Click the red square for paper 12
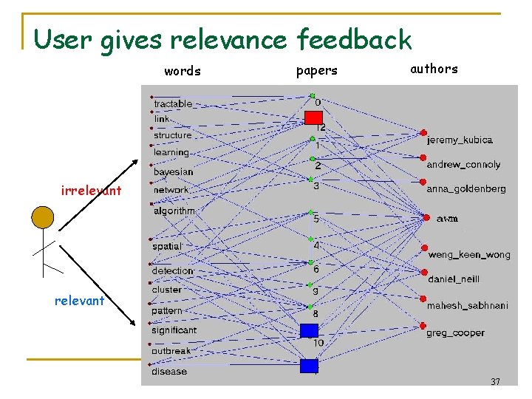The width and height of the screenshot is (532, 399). pyautogui.click(x=313, y=117)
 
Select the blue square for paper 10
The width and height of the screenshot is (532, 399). pyautogui.click(x=309, y=330)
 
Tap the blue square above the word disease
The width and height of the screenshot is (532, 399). pyautogui.click(x=309, y=366)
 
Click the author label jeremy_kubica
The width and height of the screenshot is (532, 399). pyautogui.click(x=460, y=140)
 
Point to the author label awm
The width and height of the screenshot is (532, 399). pyautogui.click(x=447, y=219)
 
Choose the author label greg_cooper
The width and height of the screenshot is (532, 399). pyautogui.click(x=455, y=332)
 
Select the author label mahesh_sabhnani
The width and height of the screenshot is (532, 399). pyautogui.click(x=468, y=305)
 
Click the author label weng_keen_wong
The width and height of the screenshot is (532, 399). pyautogui.click(x=468, y=255)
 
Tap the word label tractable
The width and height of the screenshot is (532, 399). pyautogui.click(x=173, y=104)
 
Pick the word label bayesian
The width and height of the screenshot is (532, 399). pyautogui.click(x=173, y=172)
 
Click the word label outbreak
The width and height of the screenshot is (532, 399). pyautogui.click(x=171, y=351)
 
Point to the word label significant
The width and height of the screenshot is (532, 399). pyautogui.click(x=174, y=330)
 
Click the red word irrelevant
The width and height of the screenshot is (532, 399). pyautogui.click(x=91, y=191)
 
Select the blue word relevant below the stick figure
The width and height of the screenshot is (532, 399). pyautogui.click(x=79, y=301)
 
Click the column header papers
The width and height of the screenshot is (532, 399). pyautogui.click(x=316, y=71)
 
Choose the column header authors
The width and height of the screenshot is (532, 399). pyautogui.click(x=434, y=69)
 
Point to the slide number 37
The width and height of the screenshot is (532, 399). pyautogui.click(x=495, y=382)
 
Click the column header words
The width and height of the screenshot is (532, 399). pyautogui.click(x=182, y=72)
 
